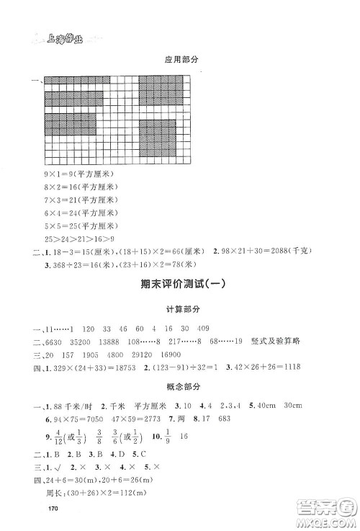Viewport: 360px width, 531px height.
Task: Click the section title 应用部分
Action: (x=179, y=62)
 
